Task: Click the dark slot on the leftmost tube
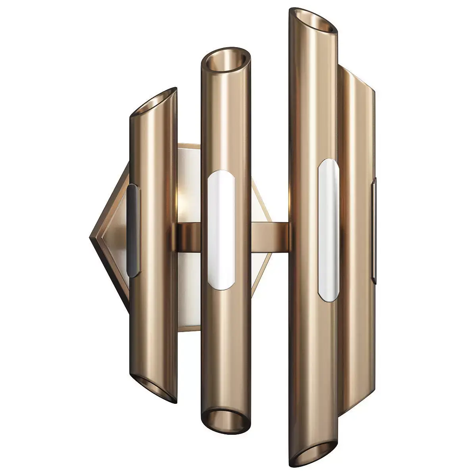pos(133,230)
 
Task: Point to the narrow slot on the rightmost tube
pos(374,230)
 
